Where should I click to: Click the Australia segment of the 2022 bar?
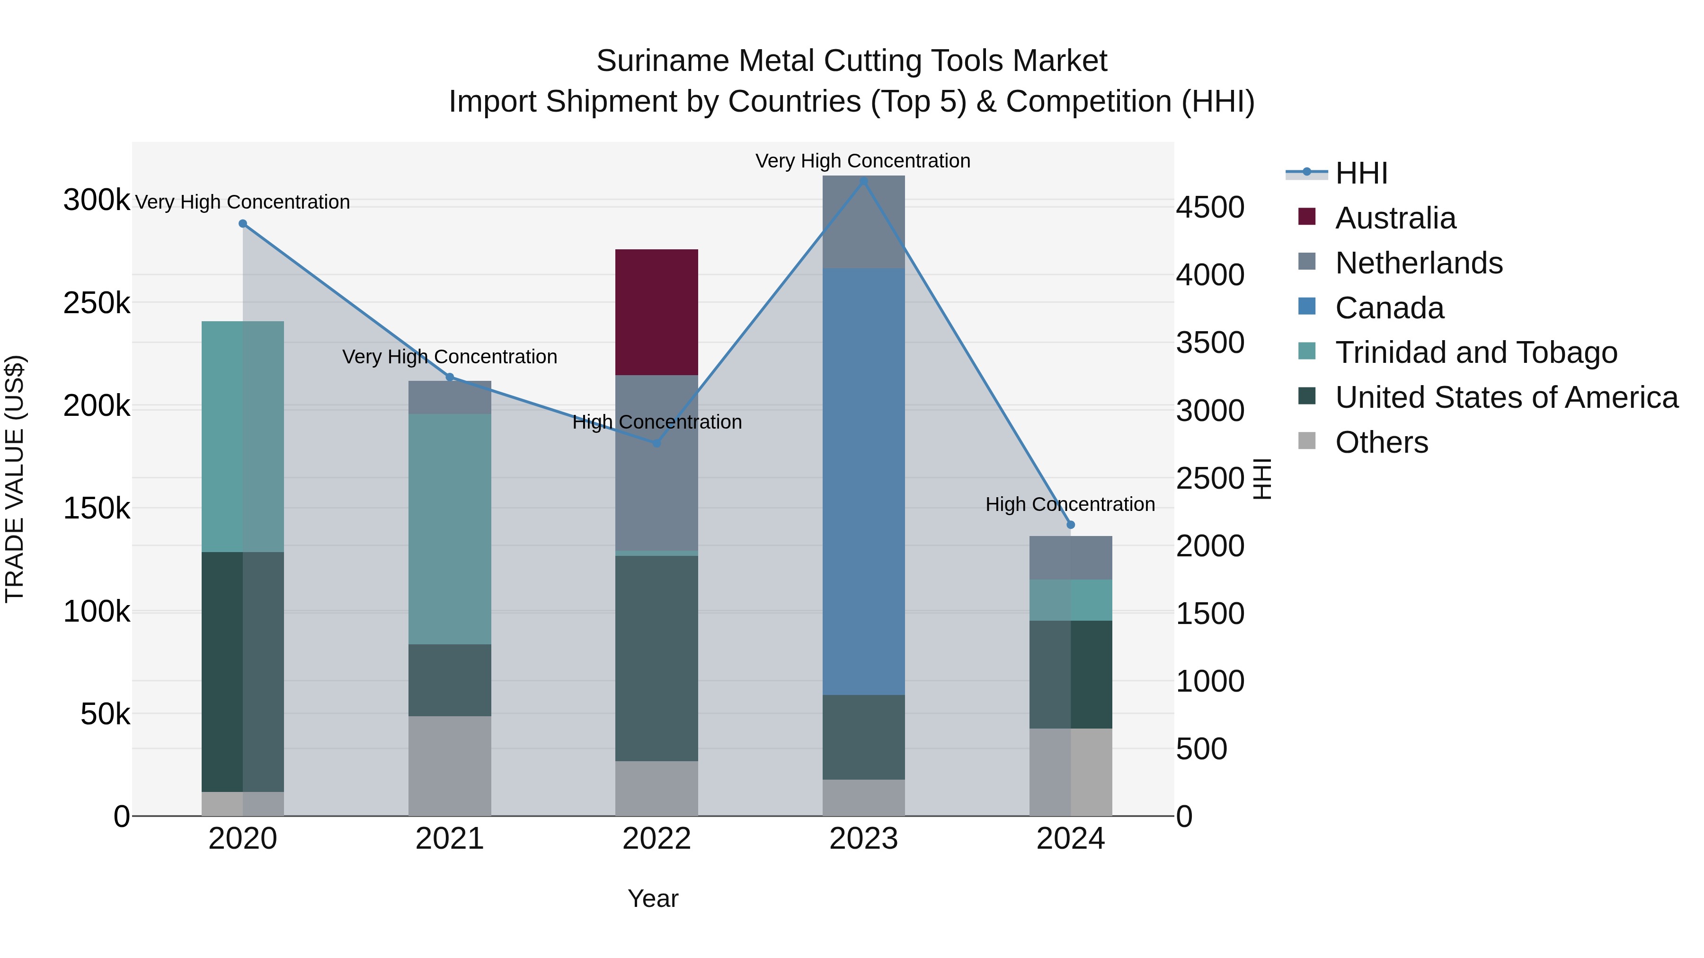tap(656, 312)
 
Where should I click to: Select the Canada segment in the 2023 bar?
tap(863, 481)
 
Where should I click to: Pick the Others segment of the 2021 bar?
tap(449, 765)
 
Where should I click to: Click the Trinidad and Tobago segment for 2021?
tap(449, 529)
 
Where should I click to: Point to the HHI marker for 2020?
tap(243, 223)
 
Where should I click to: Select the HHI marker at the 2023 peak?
tap(863, 181)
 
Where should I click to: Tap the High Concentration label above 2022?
tap(657, 422)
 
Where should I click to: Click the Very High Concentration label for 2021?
tap(449, 357)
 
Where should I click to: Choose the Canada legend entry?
tap(1389, 308)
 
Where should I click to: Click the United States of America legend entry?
tap(1506, 397)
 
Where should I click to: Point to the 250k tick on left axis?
tap(97, 303)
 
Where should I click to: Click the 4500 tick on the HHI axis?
tap(1210, 207)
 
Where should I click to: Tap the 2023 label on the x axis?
tap(863, 839)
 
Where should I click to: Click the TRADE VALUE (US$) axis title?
tap(15, 479)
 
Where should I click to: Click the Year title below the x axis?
tap(653, 898)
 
